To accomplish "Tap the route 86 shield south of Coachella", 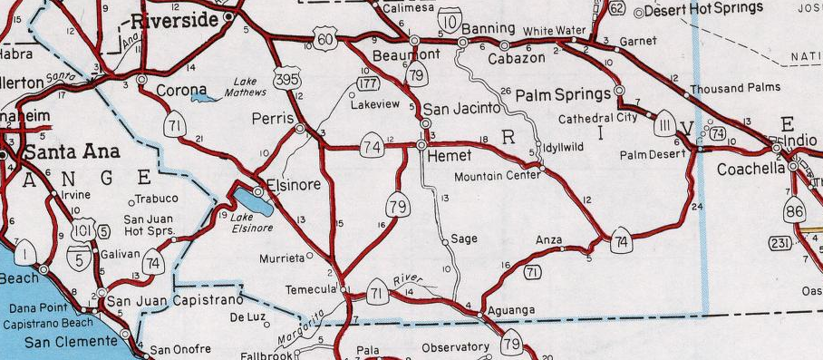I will click(x=795, y=209).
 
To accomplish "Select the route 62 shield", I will click(x=616, y=9).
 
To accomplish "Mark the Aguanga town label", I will click(x=513, y=311).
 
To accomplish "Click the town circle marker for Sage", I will click(x=444, y=241).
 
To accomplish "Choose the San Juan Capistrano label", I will click(x=175, y=300).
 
